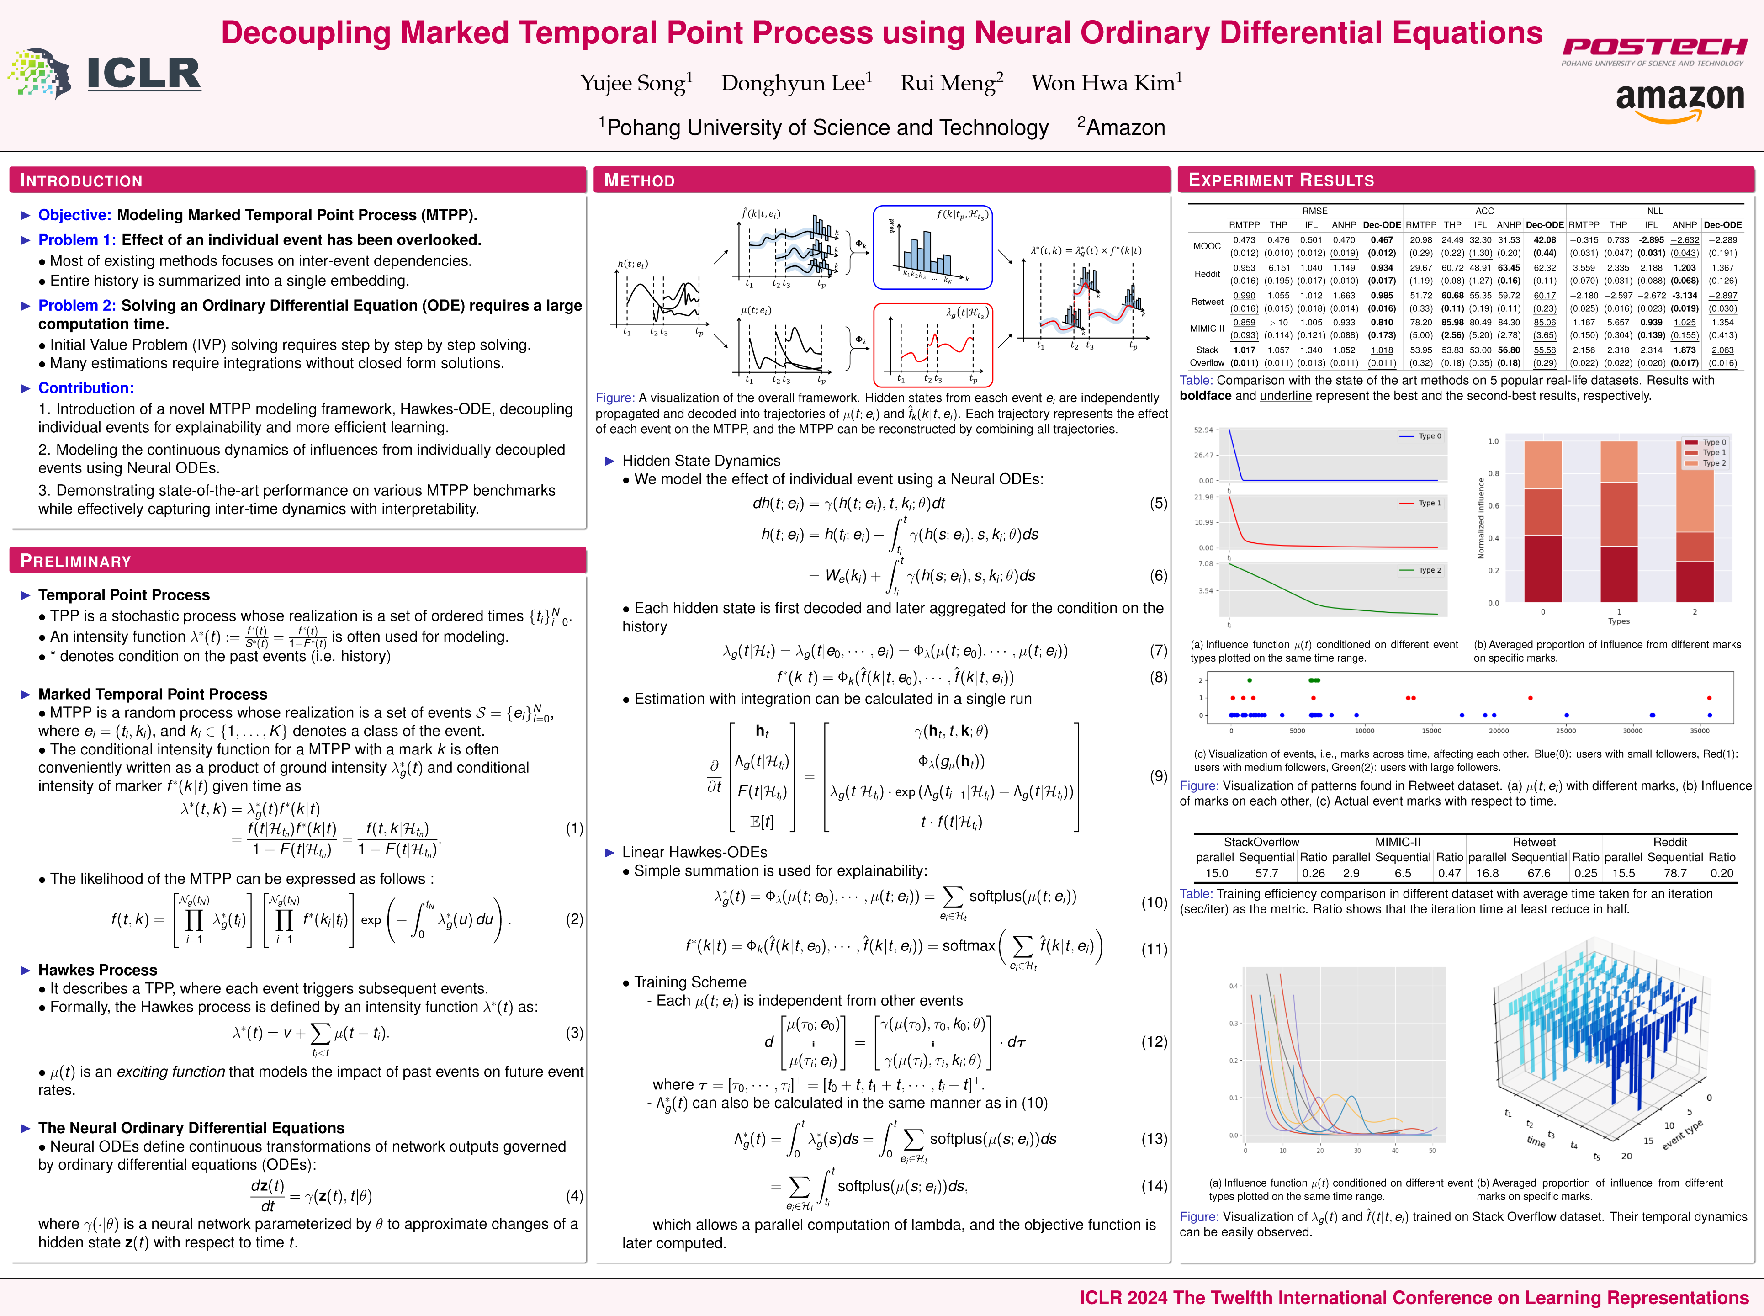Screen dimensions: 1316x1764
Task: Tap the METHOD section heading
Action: [640, 181]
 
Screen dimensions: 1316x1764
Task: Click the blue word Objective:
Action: [75, 215]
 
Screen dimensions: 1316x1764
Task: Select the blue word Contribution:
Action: [86, 388]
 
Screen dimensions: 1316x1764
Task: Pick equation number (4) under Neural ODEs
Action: [574, 1196]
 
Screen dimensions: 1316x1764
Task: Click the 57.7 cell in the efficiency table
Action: [1266, 873]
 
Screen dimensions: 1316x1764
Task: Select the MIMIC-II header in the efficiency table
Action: [1398, 842]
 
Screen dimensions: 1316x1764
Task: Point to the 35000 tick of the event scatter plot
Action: [1700, 731]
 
